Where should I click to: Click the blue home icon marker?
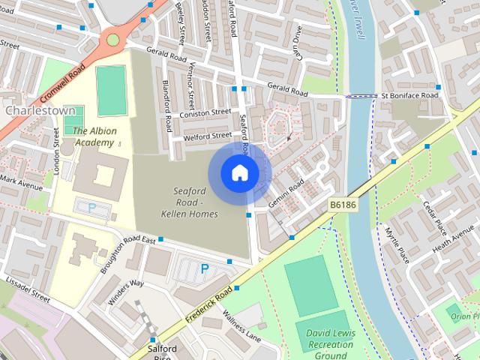tap(239, 173)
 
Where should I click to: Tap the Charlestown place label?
tap(41, 110)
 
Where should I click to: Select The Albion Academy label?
tap(94, 136)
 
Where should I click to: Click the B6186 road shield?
tap(341, 203)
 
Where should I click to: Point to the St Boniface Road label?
tap(409, 95)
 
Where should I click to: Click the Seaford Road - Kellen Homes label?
tap(189, 202)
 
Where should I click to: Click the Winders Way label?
tap(125, 293)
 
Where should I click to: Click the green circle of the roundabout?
tap(112, 39)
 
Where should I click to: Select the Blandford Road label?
tap(169, 103)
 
